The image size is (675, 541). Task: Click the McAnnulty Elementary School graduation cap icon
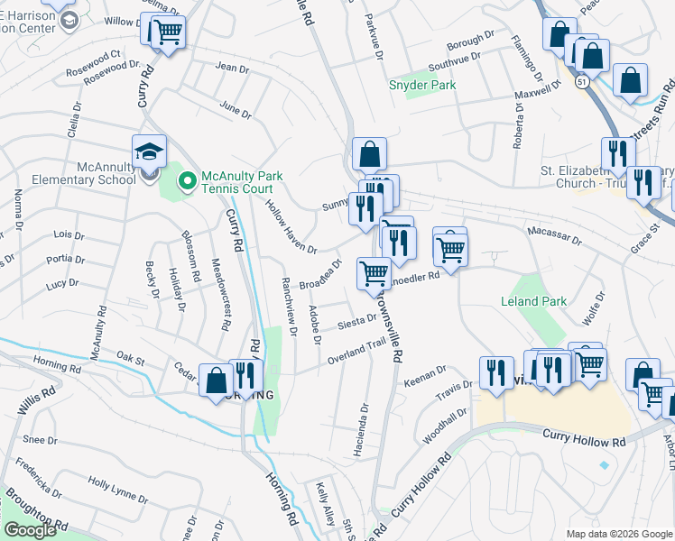coord(150,151)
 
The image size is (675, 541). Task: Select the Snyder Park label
coord(421,86)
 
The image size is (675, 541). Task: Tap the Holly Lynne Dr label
coord(117,491)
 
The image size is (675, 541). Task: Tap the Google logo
coord(30,530)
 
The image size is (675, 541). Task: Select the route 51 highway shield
coord(584,81)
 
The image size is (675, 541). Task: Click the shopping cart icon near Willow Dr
coord(167,32)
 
